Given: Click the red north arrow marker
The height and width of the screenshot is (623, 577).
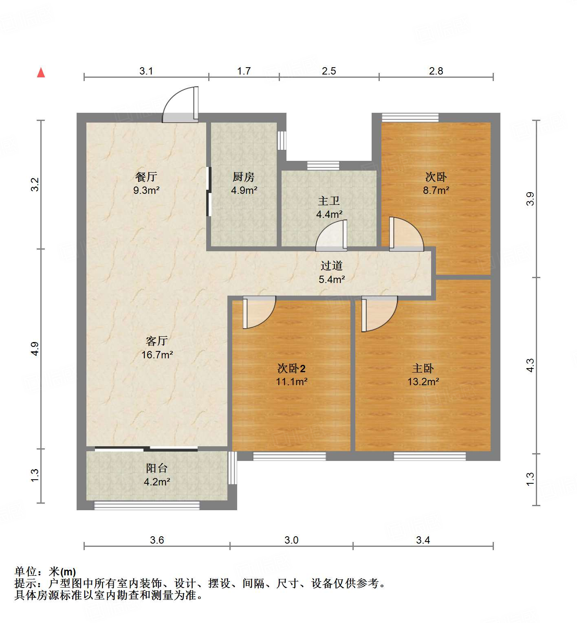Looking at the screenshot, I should click(x=41, y=72).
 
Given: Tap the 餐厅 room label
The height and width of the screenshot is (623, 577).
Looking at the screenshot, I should click(x=146, y=177).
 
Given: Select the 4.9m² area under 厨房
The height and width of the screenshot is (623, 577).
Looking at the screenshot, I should click(x=244, y=190).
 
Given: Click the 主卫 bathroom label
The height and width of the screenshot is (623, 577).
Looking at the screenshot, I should click(x=329, y=201).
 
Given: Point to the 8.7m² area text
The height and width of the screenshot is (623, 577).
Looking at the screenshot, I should click(x=436, y=190).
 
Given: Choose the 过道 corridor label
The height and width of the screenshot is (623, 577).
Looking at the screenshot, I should click(x=331, y=266).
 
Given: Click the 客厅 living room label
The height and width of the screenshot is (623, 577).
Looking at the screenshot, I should click(x=157, y=341).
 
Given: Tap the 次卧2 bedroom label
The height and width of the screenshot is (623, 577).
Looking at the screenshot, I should click(x=291, y=369).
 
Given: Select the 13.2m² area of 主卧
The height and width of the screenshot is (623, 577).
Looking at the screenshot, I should click(x=423, y=382).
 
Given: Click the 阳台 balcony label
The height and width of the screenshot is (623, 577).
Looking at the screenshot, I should click(x=157, y=468).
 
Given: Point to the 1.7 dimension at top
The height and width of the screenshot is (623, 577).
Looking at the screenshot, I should click(x=244, y=71).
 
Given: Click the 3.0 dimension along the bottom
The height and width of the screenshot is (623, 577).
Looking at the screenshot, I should click(x=291, y=540).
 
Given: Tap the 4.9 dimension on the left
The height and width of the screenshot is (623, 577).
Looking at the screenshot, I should click(x=35, y=349).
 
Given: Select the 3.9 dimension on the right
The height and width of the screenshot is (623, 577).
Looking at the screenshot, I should click(x=530, y=199).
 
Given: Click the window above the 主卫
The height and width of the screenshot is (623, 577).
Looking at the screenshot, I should click(x=323, y=165).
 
